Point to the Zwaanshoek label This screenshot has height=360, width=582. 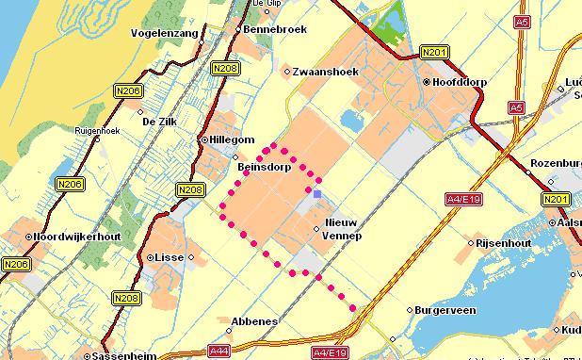pyautogui.click(x=323, y=71)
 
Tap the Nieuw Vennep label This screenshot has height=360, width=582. pyautogui.click(x=342, y=227)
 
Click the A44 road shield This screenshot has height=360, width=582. pyautogui.click(x=219, y=352)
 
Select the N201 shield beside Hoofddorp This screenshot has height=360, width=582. pyautogui.click(x=433, y=52)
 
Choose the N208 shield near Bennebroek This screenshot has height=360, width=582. pyautogui.click(x=225, y=68)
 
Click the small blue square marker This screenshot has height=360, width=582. pyautogui.click(x=317, y=194)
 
